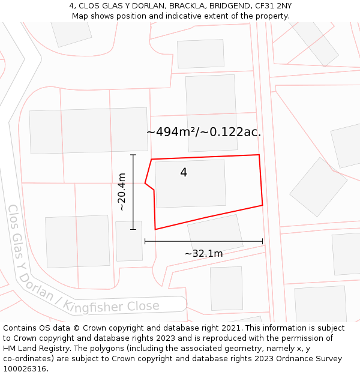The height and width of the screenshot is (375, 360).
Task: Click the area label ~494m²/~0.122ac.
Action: [x=203, y=132]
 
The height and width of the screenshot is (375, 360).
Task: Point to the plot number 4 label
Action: [x=184, y=173]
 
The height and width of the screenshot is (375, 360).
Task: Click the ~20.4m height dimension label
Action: [x=122, y=192]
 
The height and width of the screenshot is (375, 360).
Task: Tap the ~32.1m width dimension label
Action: [x=203, y=254]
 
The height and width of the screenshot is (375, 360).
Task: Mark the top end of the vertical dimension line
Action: [x=133, y=155]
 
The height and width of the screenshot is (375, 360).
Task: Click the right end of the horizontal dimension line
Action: [x=263, y=242]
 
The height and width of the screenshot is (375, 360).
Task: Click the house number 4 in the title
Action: [x=71, y=6]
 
